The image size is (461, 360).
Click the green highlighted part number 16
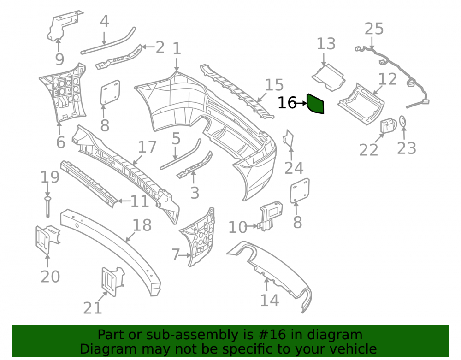pos(315,104)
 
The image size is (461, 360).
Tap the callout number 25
pos(374,29)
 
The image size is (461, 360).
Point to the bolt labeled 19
pos(47,207)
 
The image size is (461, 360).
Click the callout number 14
pos(269,300)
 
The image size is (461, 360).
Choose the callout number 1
pos(177,48)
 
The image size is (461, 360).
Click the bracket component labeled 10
pos(270,216)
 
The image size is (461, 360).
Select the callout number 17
pos(147,147)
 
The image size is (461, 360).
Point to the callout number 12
pos(388,79)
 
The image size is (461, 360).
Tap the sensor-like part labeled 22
pos(388,125)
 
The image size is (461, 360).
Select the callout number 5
pos(176,138)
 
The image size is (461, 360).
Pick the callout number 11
pos(139,201)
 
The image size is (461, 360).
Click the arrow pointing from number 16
pos(301,103)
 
